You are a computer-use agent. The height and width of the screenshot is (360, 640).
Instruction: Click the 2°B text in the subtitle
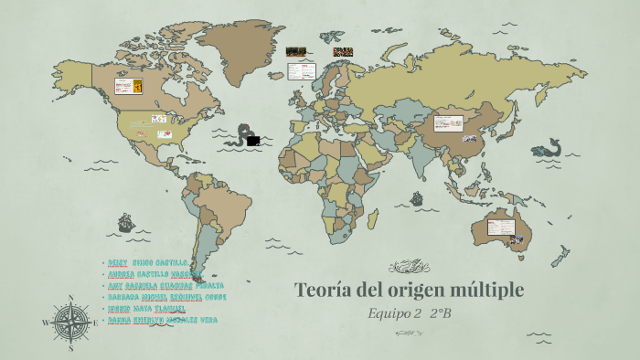(x=441, y=314)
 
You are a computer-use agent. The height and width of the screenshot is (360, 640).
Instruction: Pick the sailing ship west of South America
(x=124, y=222)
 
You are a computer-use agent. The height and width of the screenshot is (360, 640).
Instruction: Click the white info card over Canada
(x=126, y=86)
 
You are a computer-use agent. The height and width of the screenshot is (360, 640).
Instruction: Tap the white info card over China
(x=449, y=122)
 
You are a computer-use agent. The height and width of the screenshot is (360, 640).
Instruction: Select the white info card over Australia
(x=500, y=227)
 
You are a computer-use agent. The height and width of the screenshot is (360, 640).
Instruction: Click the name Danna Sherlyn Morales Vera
(x=163, y=320)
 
